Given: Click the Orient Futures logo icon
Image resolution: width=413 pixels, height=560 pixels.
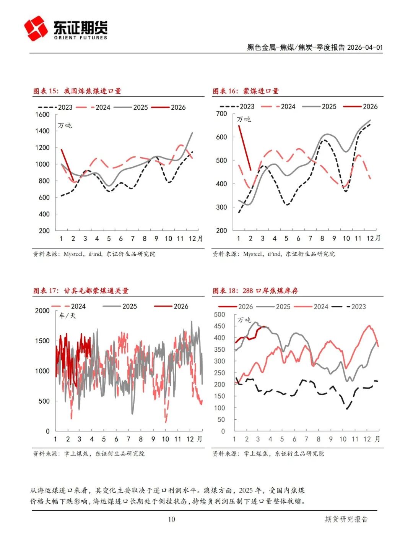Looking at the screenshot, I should click(36, 28).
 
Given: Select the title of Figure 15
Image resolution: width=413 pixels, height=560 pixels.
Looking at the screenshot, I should click(77, 91).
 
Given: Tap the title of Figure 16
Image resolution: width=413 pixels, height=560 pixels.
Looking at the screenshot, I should click(246, 91).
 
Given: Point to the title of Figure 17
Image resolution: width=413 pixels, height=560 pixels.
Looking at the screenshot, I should click(81, 291).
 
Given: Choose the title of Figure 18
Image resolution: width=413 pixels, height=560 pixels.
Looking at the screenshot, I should click(255, 291).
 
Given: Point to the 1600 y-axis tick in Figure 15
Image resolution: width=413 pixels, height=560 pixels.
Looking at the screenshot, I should click(43, 114).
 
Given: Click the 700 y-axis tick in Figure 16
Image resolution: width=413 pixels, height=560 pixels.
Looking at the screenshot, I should click(222, 114).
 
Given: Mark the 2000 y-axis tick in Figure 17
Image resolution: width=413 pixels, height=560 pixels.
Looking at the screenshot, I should click(42, 311).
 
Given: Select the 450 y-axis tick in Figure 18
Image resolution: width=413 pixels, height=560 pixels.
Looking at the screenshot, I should click(220, 326).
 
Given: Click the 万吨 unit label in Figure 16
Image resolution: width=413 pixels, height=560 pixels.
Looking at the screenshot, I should click(244, 119).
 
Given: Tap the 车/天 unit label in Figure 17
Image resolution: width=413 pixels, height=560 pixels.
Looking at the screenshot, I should click(68, 316).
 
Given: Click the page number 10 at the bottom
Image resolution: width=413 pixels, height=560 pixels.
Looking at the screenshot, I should click(172, 519).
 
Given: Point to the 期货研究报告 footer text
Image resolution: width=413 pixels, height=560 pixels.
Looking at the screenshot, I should click(346, 519).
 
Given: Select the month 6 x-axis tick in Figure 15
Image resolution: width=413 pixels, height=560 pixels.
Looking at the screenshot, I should click(121, 239).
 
